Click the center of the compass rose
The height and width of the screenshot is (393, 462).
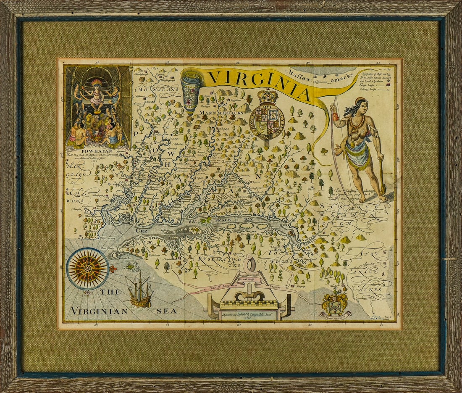coord(88,268)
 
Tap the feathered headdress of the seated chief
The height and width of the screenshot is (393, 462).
coord(97,82)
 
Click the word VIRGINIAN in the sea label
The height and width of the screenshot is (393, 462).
coord(99,311)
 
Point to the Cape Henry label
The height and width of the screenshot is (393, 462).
coord(108,239)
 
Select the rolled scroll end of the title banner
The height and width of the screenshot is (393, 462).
coord(191,90)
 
